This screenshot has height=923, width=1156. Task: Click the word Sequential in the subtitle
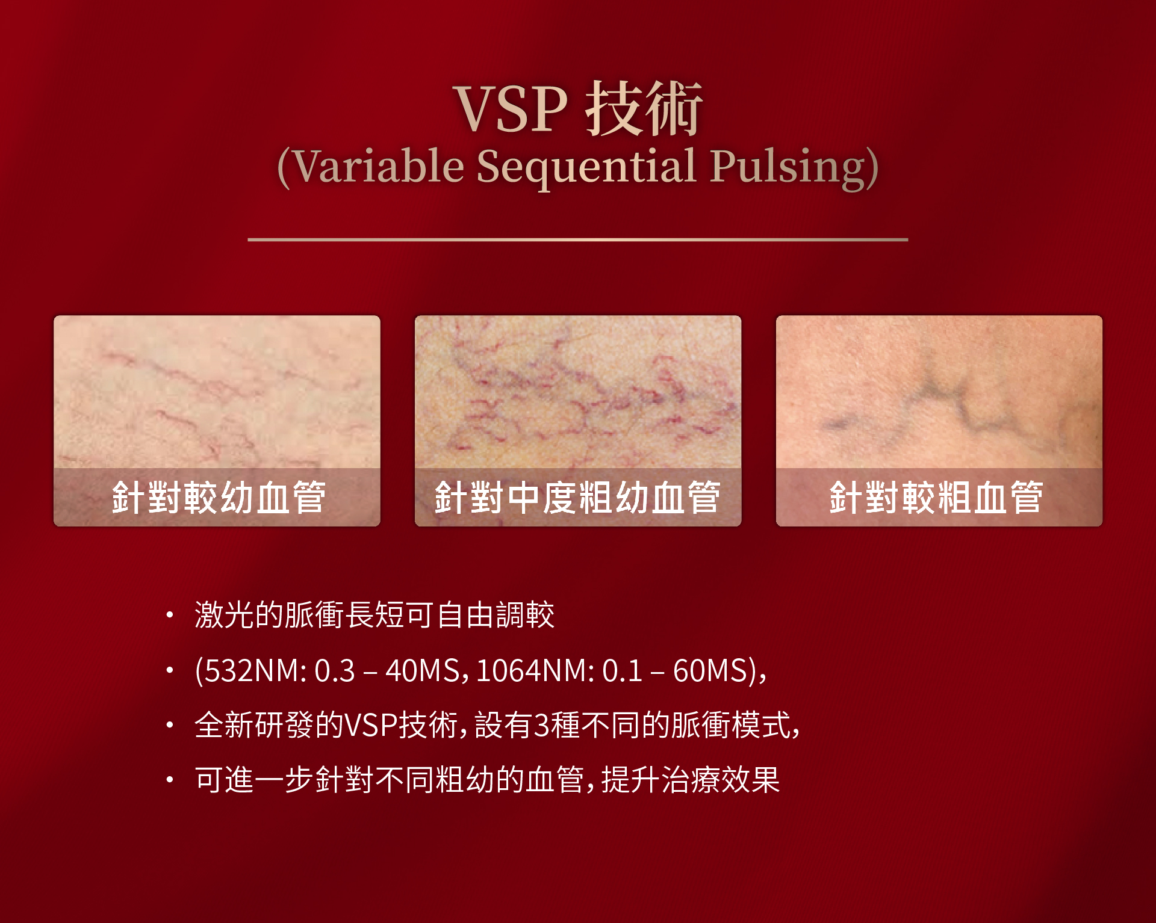point(587,167)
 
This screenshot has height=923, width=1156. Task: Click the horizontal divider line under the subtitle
point(578,239)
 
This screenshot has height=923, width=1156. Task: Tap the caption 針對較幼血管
point(219,498)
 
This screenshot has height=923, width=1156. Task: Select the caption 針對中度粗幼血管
point(577,498)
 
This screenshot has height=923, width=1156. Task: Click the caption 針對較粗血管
point(936,498)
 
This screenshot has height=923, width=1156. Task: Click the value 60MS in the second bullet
point(710,670)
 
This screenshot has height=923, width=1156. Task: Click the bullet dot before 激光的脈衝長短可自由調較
point(170,615)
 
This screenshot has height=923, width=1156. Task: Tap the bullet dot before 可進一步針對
point(170,780)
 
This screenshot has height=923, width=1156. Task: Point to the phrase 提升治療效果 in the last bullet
point(691,780)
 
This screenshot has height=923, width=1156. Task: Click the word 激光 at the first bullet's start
point(225,615)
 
